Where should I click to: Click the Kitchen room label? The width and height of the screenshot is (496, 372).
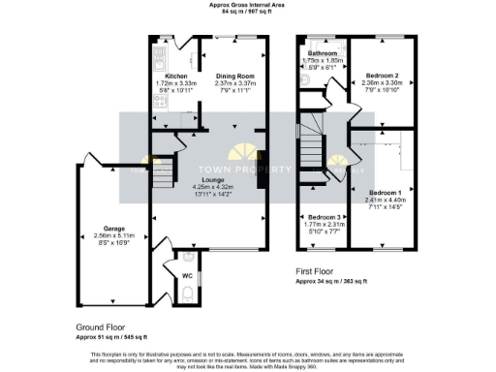pyautogui.click(x=175, y=76)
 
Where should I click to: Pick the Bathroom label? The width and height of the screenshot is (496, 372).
pyautogui.click(x=322, y=53)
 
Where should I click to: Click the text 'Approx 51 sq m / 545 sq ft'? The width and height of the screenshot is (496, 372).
pyautogui.click(x=111, y=336)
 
